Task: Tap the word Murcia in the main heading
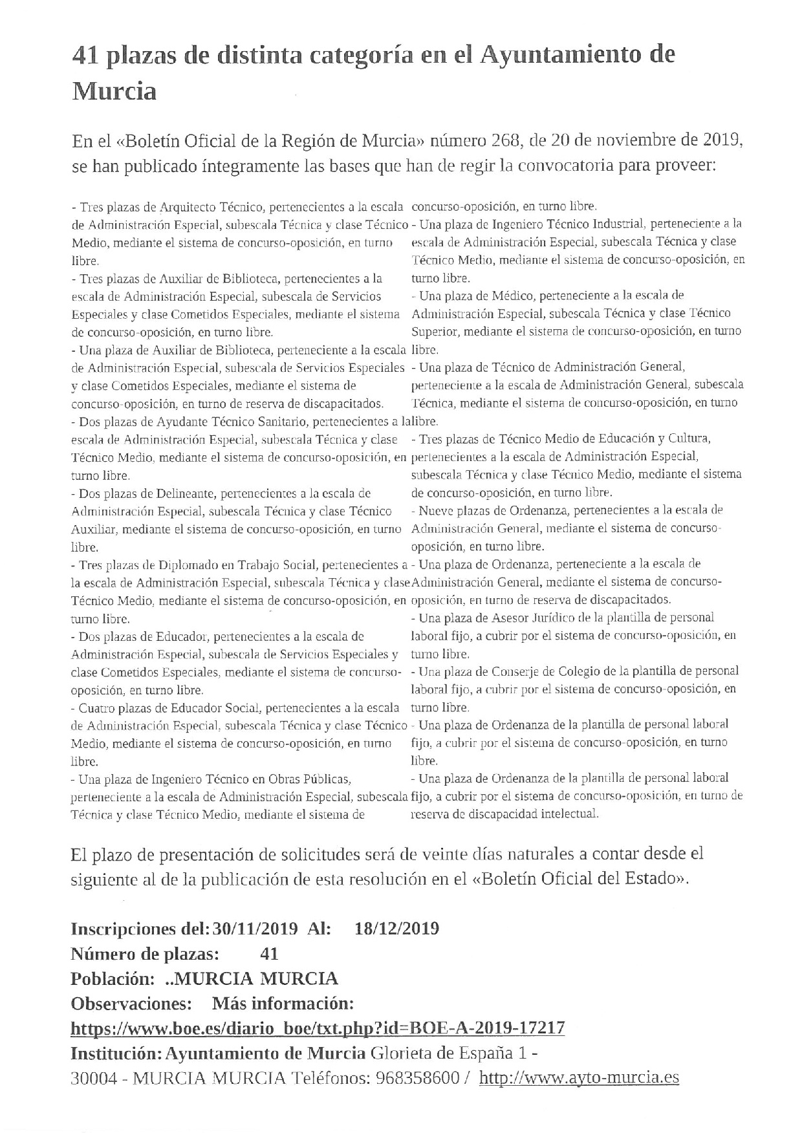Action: click(x=114, y=91)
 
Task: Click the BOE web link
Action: click(x=317, y=1028)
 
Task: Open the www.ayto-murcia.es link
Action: click(x=579, y=1078)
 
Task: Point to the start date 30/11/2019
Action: click(x=255, y=929)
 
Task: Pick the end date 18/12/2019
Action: click(x=397, y=929)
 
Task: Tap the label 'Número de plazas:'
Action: click(x=144, y=953)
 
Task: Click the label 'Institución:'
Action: click(x=116, y=1053)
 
